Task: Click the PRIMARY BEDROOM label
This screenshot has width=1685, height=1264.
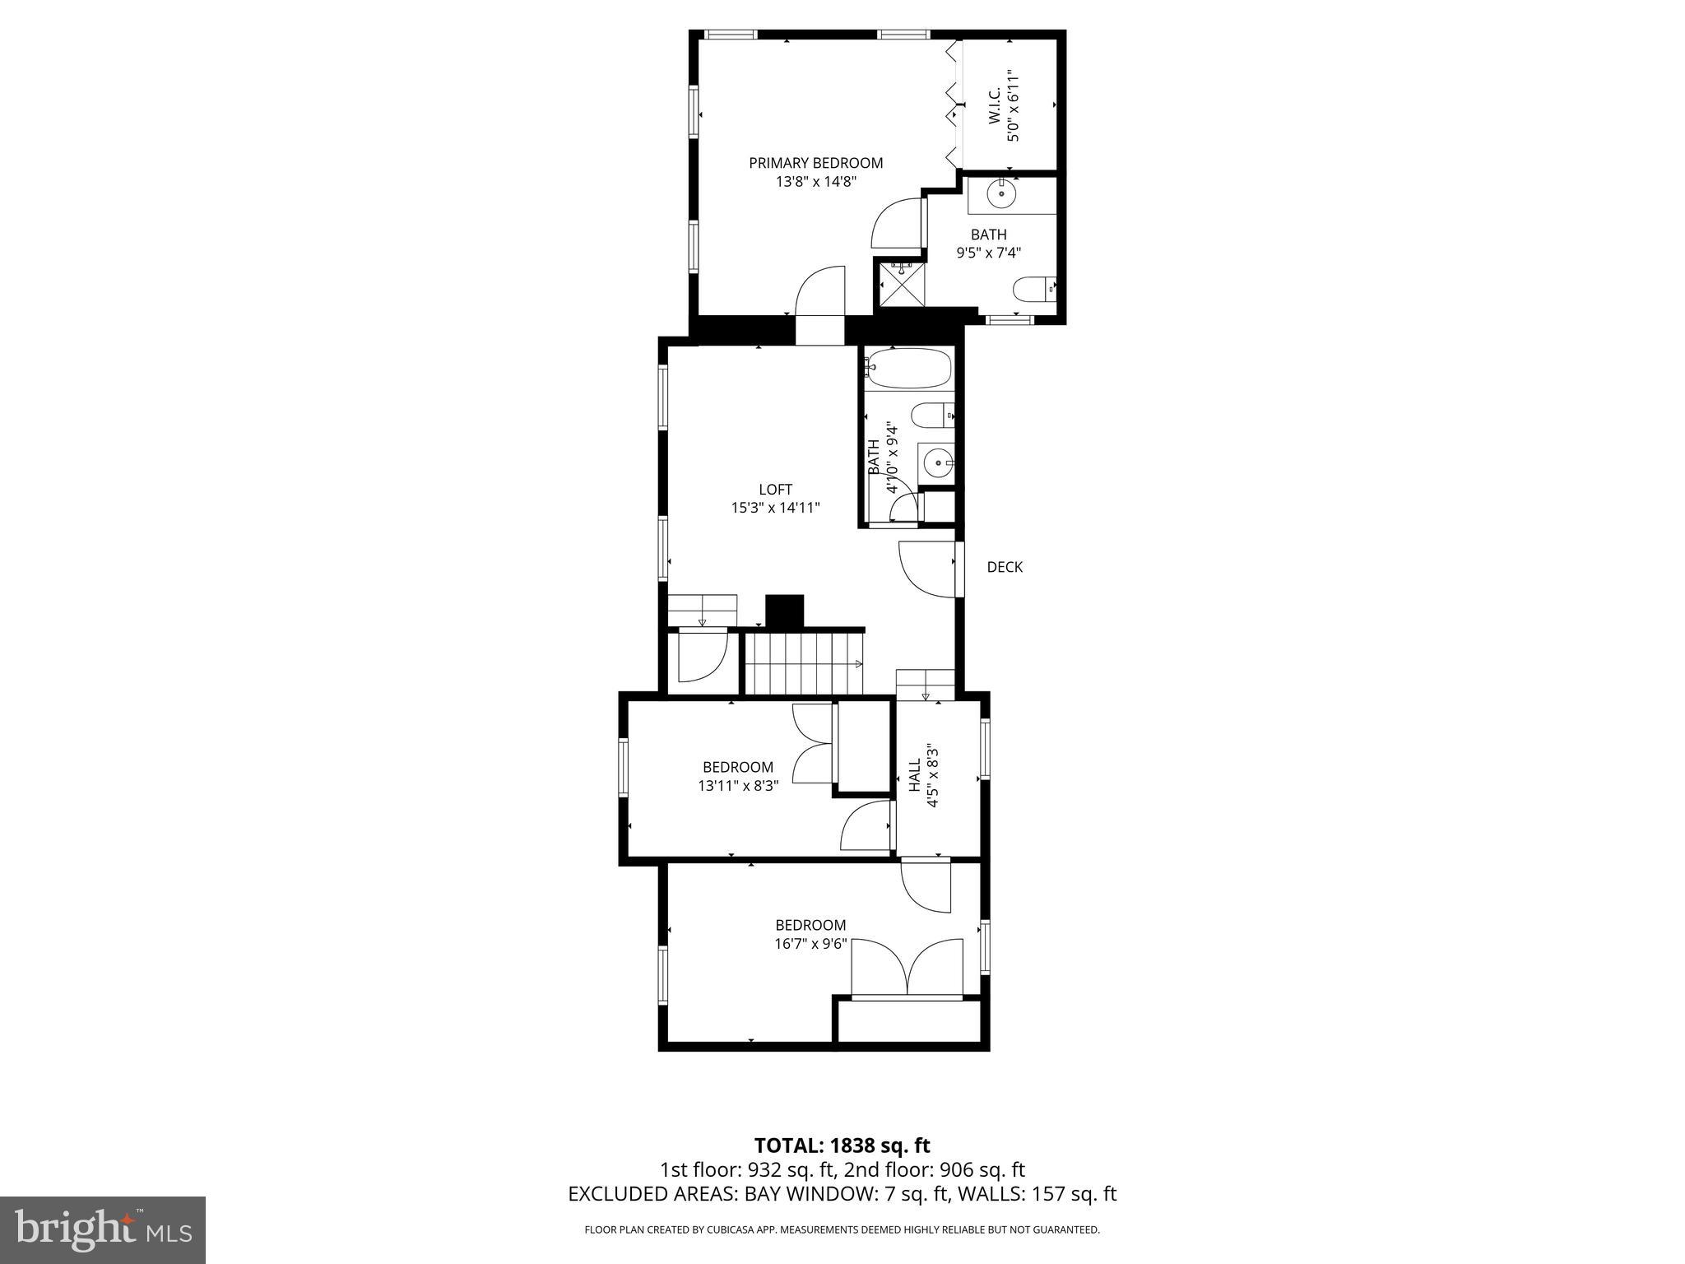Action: click(x=815, y=163)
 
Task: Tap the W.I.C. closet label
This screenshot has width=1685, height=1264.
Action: click(x=993, y=107)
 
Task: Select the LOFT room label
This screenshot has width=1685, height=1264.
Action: click(x=775, y=490)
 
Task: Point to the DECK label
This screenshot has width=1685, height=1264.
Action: click(x=1005, y=567)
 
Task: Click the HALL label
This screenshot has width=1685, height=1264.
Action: click(x=915, y=776)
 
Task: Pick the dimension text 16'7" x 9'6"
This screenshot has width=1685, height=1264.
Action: click(x=810, y=944)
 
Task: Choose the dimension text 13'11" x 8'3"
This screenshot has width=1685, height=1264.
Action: click(x=738, y=786)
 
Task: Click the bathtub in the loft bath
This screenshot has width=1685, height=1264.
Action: click(x=908, y=368)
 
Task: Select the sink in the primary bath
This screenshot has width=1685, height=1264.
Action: click(x=1002, y=195)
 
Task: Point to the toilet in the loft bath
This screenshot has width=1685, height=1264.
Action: click(x=934, y=416)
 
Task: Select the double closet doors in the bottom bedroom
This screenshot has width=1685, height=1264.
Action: click(x=907, y=969)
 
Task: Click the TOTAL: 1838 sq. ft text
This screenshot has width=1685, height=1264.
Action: click(x=842, y=1145)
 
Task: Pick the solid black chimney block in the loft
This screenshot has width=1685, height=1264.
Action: click(x=784, y=611)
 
